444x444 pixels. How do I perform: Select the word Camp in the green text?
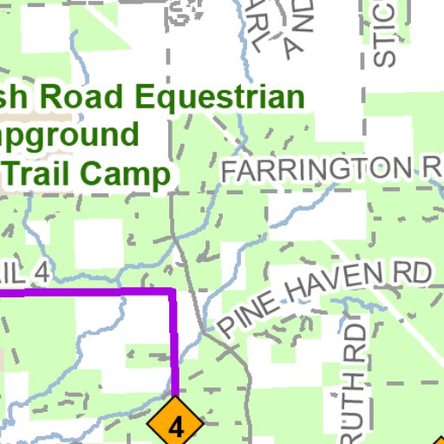click(131, 174)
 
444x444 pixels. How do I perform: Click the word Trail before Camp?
click(47, 174)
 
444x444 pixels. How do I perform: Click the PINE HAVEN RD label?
click(324, 300)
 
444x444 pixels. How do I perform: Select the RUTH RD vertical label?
click(350, 382)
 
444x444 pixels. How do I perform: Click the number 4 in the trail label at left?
click(39, 271)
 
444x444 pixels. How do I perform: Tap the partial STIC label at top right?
click(384, 35)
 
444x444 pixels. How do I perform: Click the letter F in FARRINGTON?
click(229, 171)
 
